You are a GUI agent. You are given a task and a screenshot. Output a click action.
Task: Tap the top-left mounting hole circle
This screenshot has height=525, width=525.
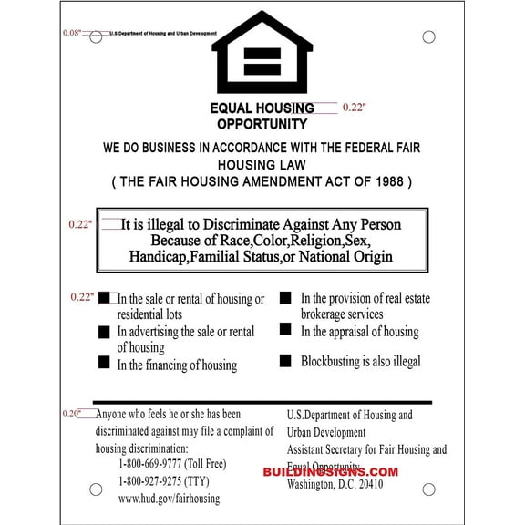[96, 36]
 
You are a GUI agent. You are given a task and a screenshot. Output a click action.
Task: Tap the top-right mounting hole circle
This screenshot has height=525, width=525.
[428, 36]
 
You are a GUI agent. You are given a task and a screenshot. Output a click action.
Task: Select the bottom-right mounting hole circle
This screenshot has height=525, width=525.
[428, 489]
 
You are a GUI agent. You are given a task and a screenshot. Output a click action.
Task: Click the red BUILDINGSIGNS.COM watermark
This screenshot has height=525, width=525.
[331, 471]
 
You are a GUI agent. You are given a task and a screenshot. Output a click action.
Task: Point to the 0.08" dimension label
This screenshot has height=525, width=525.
[72, 33]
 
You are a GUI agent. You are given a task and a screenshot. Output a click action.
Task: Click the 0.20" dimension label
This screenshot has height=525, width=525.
[72, 413]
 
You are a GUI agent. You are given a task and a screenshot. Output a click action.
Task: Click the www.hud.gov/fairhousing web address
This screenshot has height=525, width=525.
[169, 499]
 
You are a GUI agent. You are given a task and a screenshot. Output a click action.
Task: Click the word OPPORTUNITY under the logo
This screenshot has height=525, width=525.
[262, 124]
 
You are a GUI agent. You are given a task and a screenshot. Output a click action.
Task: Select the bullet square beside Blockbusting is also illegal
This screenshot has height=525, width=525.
[285, 361]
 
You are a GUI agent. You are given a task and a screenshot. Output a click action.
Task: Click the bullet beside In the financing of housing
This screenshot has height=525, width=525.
[104, 364]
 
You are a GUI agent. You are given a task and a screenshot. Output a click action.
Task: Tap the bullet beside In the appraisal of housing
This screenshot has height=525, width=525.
[285, 329]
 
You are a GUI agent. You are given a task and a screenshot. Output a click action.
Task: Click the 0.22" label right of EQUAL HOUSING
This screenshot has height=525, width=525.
[355, 108]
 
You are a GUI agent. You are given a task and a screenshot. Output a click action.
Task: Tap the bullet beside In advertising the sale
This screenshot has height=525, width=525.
[104, 331]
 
